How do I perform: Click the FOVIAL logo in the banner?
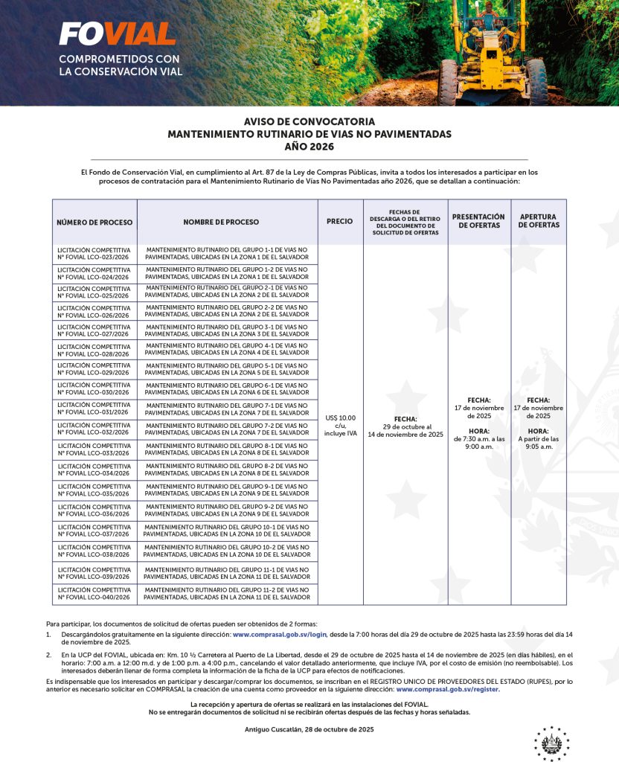click(117, 33)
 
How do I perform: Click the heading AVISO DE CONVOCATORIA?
click(309, 121)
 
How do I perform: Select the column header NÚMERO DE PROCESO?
click(94, 222)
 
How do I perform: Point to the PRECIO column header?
click(340, 222)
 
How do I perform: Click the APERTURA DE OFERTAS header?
click(538, 221)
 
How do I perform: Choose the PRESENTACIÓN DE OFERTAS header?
click(478, 221)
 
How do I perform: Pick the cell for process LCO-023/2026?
click(94, 254)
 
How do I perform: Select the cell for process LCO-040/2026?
click(94, 594)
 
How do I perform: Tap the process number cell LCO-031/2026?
click(94, 408)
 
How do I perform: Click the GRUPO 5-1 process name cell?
click(227, 369)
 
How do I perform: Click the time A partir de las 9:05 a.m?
click(538, 443)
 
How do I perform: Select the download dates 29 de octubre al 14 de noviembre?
click(405, 431)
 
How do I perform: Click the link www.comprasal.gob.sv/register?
click(447, 689)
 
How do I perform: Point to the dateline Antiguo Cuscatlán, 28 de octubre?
click(309, 729)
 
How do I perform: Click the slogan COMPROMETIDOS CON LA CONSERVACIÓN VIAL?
click(120, 65)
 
